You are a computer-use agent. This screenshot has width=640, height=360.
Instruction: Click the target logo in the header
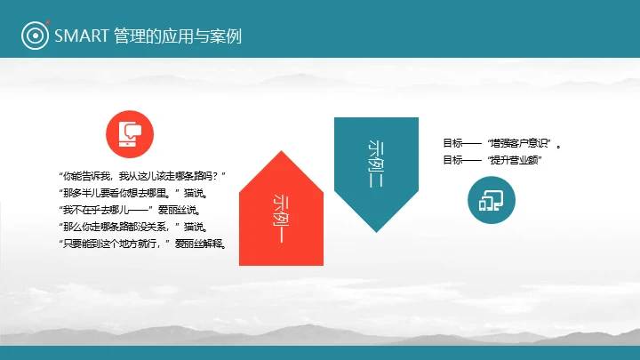click(x=35, y=36)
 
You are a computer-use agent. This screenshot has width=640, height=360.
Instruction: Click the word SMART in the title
click(x=82, y=36)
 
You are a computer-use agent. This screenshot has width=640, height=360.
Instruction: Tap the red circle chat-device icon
click(x=130, y=132)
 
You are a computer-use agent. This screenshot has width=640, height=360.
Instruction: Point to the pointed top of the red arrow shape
click(x=280, y=152)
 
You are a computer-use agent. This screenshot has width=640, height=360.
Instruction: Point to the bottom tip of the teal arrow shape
click(x=376, y=231)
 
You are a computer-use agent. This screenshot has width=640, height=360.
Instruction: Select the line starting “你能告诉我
click(x=141, y=177)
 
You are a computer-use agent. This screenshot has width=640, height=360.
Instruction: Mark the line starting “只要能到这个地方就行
click(x=141, y=243)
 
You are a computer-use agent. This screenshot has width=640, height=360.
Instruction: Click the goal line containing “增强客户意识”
click(x=501, y=143)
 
